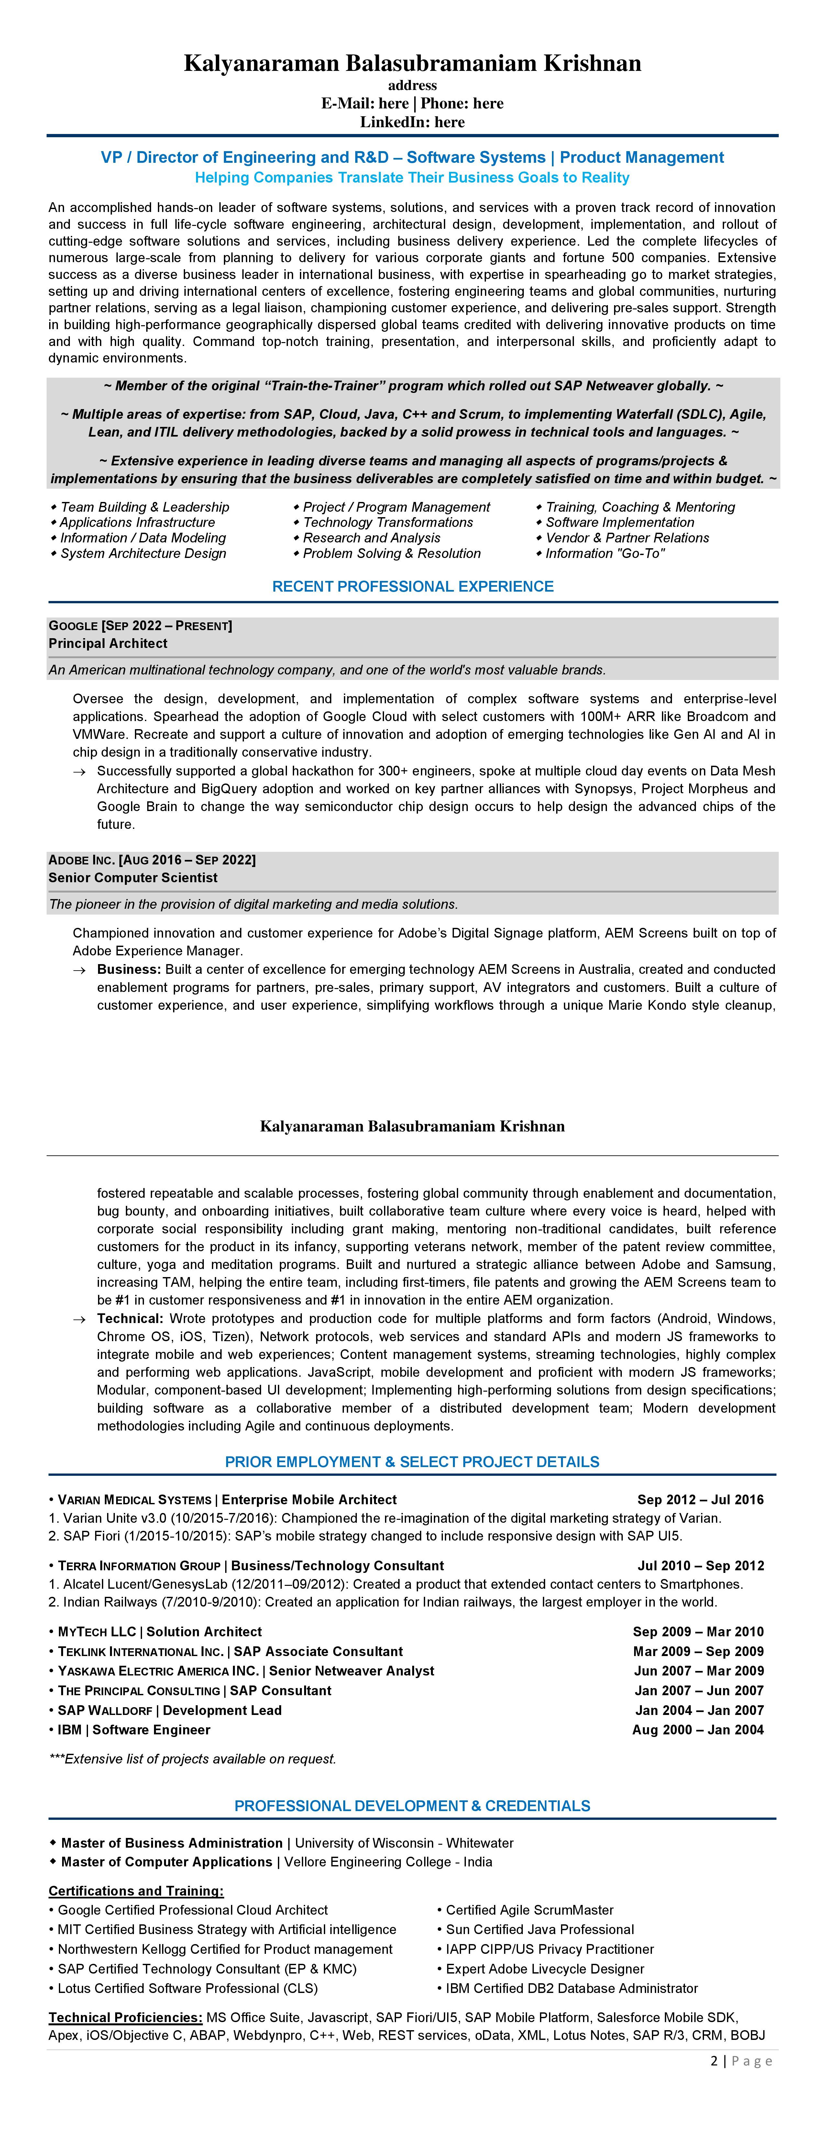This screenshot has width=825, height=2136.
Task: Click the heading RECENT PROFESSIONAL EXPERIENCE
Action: (x=412, y=586)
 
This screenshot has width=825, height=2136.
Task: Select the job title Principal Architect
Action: (x=108, y=643)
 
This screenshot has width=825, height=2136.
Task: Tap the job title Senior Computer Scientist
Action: (x=133, y=877)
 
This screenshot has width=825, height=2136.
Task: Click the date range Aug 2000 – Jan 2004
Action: (x=697, y=1730)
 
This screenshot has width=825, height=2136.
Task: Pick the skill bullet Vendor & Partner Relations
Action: (x=627, y=537)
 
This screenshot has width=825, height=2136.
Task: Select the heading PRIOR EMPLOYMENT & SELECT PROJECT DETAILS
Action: (x=412, y=1462)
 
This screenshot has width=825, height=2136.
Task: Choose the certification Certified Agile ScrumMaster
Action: (x=529, y=1910)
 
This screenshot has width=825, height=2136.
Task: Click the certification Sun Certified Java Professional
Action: (x=539, y=1930)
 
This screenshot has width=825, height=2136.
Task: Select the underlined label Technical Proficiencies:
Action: (x=125, y=2017)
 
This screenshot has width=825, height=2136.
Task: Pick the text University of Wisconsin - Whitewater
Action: (x=404, y=1842)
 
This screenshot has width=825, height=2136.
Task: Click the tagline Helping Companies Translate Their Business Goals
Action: (x=412, y=177)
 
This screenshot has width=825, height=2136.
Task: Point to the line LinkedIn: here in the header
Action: (x=412, y=122)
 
